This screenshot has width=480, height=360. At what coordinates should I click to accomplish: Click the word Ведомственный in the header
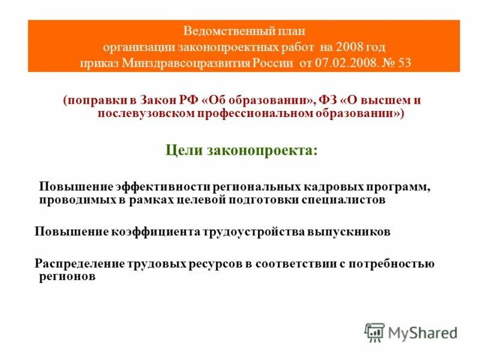pyautogui.click(x=217, y=31)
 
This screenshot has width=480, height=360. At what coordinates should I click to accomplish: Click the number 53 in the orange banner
pyautogui.click(x=404, y=63)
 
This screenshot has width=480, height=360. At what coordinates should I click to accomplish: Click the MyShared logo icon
pyautogui.click(x=374, y=331)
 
